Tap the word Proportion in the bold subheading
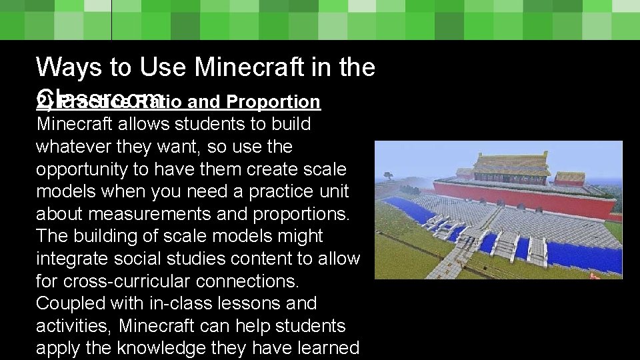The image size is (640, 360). (x=273, y=102)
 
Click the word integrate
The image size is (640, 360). (x=71, y=259)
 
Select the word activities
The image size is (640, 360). (x=71, y=326)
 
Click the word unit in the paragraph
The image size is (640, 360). (x=333, y=191)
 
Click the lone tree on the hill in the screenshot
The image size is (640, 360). (x=388, y=177)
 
